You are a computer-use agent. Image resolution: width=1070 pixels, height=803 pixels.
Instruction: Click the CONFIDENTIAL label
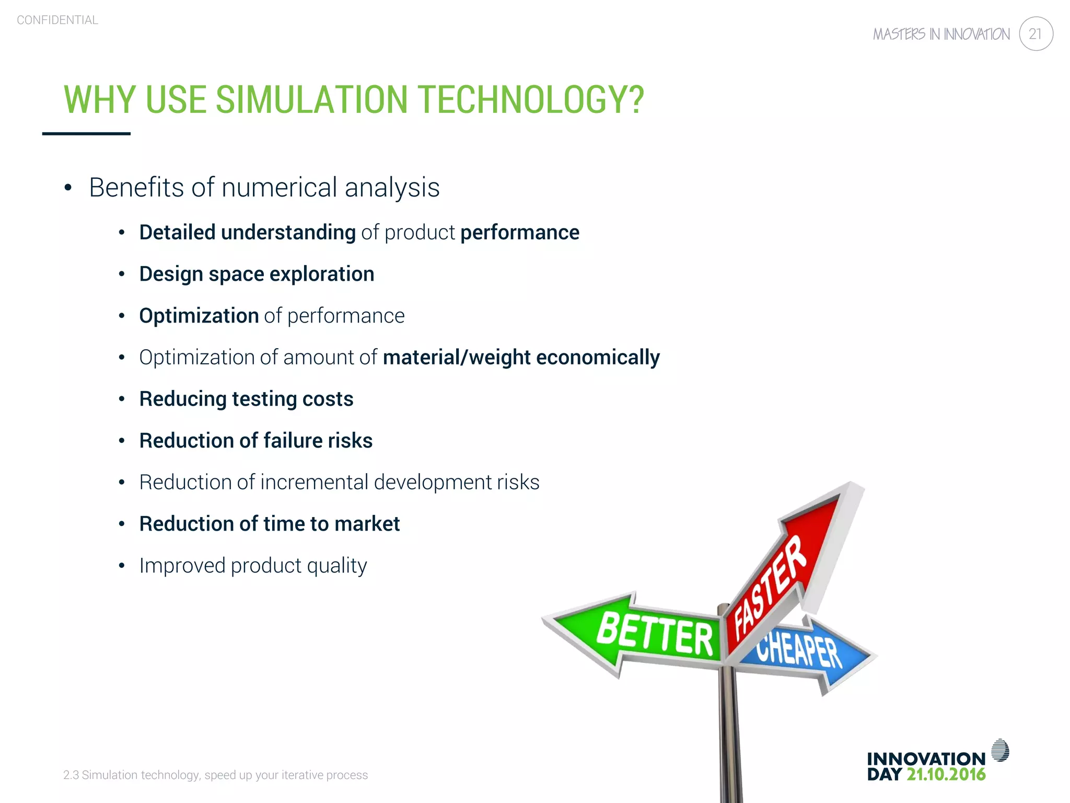point(57,20)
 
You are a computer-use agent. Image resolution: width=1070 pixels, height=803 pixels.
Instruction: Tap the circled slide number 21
point(1036,34)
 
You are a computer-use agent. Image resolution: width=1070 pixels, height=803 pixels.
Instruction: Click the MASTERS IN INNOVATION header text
point(941,35)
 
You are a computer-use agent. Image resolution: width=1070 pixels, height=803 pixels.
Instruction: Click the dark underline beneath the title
point(86,134)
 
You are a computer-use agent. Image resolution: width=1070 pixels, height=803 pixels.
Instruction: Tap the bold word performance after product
point(519,233)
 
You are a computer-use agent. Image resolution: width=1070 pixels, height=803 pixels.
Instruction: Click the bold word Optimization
point(199,316)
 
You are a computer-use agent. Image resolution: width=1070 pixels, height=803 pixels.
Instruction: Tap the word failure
point(293,441)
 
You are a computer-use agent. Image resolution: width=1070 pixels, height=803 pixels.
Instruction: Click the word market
point(367,524)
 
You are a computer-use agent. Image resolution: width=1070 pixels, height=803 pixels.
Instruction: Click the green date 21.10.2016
point(946,775)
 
